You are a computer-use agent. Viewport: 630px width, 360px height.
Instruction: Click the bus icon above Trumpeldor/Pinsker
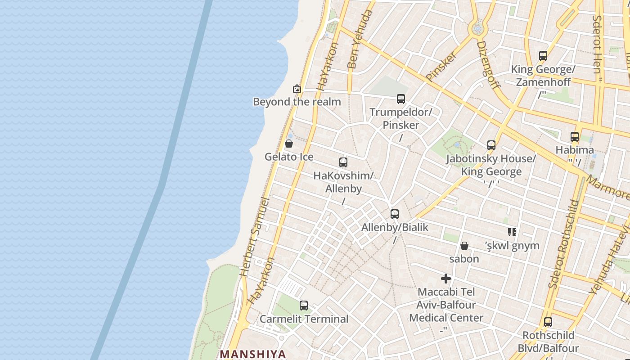[x=400, y=99]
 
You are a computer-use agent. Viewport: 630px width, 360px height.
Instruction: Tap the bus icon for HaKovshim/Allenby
[x=343, y=162]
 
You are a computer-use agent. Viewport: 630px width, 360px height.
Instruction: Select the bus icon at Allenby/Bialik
[x=395, y=214]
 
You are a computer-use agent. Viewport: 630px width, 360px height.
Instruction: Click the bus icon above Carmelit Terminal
[x=304, y=306]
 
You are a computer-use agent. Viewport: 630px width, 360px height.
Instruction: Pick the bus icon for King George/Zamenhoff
[x=543, y=56]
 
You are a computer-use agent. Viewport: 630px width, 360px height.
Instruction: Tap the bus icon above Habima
[x=575, y=137]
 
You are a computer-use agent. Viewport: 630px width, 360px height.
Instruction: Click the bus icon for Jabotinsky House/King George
[x=491, y=145]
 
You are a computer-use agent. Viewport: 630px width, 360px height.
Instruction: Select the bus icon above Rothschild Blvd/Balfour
[x=548, y=322]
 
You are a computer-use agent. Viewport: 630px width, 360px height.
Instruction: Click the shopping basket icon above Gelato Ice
[x=289, y=144]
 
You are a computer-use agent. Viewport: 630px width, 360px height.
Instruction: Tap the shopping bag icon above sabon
[x=464, y=246]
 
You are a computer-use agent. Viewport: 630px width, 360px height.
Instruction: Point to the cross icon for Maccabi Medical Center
[x=446, y=279]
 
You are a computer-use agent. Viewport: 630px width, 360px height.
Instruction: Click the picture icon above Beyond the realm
[x=297, y=89]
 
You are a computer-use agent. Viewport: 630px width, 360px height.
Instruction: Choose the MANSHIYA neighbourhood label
[x=253, y=354]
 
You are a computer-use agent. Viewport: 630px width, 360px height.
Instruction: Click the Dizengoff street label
[x=488, y=65]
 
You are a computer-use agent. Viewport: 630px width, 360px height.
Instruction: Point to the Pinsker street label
[x=441, y=66]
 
